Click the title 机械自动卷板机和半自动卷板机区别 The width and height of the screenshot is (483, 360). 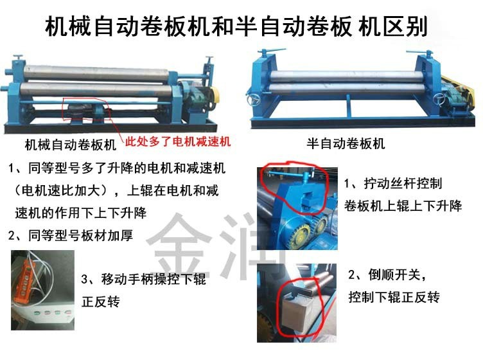click(x=236, y=26)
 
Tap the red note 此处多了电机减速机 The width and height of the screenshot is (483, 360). click(x=178, y=141)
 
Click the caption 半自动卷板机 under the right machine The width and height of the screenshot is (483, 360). click(x=346, y=143)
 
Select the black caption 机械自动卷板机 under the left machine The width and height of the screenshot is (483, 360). click(x=71, y=145)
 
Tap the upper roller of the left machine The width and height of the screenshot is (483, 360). click(x=96, y=73)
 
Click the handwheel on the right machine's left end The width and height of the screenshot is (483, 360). click(x=254, y=100)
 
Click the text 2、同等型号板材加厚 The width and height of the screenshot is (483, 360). click(x=71, y=235)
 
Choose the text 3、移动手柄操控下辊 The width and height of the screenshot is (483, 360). click(x=143, y=279)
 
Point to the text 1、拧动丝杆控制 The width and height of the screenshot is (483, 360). click(x=393, y=184)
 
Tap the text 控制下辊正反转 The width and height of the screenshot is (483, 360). click(x=394, y=297)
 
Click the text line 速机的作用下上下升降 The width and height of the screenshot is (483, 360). click(x=81, y=213)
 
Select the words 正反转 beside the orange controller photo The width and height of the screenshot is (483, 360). click(x=101, y=301)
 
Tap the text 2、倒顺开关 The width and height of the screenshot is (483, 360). click(x=387, y=274)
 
